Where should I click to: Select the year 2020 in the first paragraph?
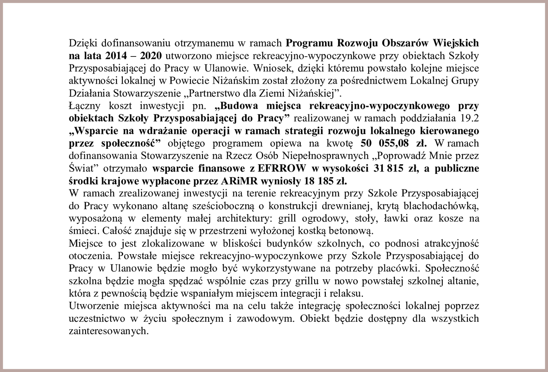pos(150,55)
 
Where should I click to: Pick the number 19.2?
pos(469,118)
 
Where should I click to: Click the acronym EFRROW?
pos(281,168)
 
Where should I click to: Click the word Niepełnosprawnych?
pos(325,156)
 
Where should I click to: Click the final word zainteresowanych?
pos(108,331)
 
